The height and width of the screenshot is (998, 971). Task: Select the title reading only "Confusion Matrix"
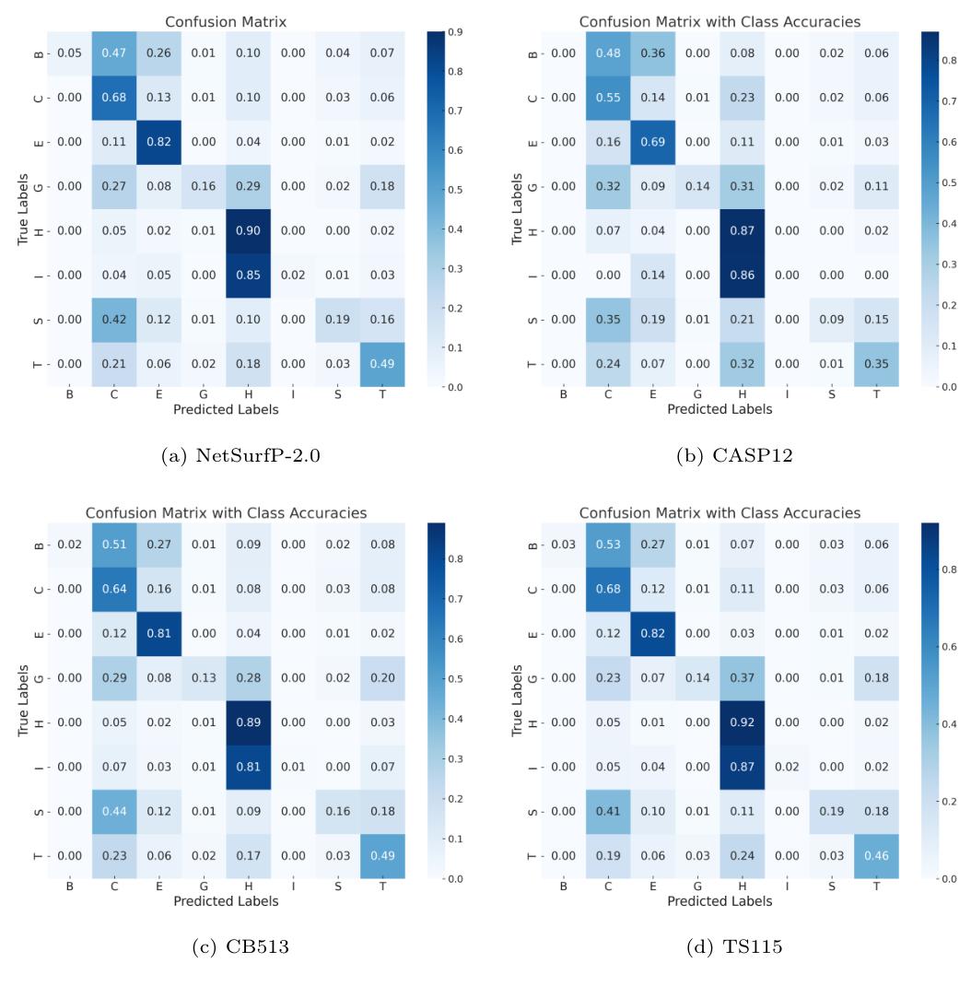pyautogui.click(x=226, y=21)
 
